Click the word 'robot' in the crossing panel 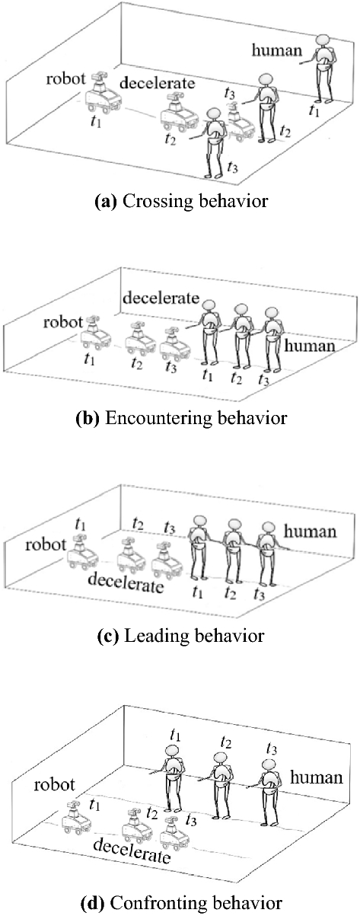click(x=65, y=78)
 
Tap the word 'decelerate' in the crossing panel click(x=158, y=83)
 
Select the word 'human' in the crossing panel click(x=276, y=50)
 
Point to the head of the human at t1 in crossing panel click(x=323, y=40)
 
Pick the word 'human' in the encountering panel click(x=309, y=346)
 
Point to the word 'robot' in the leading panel click(x=46, y=545)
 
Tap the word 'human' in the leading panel click(x=310, y=531)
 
